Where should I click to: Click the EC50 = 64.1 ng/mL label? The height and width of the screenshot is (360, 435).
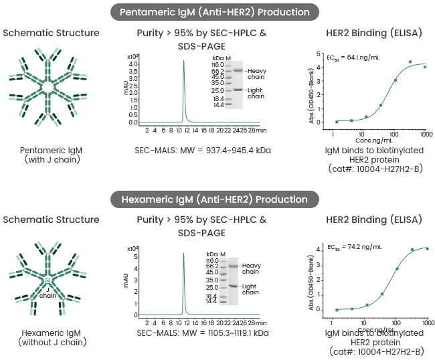pos(346,58)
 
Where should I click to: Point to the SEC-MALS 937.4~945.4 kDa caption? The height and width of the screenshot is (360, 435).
pos(203,151)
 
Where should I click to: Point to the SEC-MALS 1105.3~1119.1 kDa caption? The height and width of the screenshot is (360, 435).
pos(203,332)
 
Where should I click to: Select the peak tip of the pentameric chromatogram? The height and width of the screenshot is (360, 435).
pos(183,60)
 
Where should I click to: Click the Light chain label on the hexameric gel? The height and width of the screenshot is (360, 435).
pos(251,288)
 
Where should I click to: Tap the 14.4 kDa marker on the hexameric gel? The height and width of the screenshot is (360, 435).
pos(212,302)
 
